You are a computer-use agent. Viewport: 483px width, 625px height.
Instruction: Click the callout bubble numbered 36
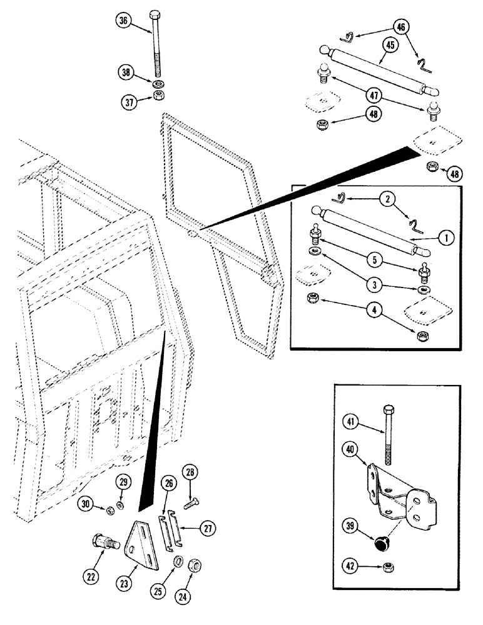tap(124, 21)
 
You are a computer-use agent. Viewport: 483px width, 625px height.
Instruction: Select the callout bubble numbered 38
tap(128, 72)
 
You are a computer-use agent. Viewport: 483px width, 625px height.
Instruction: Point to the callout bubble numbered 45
tap(390, 45)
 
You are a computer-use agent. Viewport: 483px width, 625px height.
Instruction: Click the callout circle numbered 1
tap(446, 237)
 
